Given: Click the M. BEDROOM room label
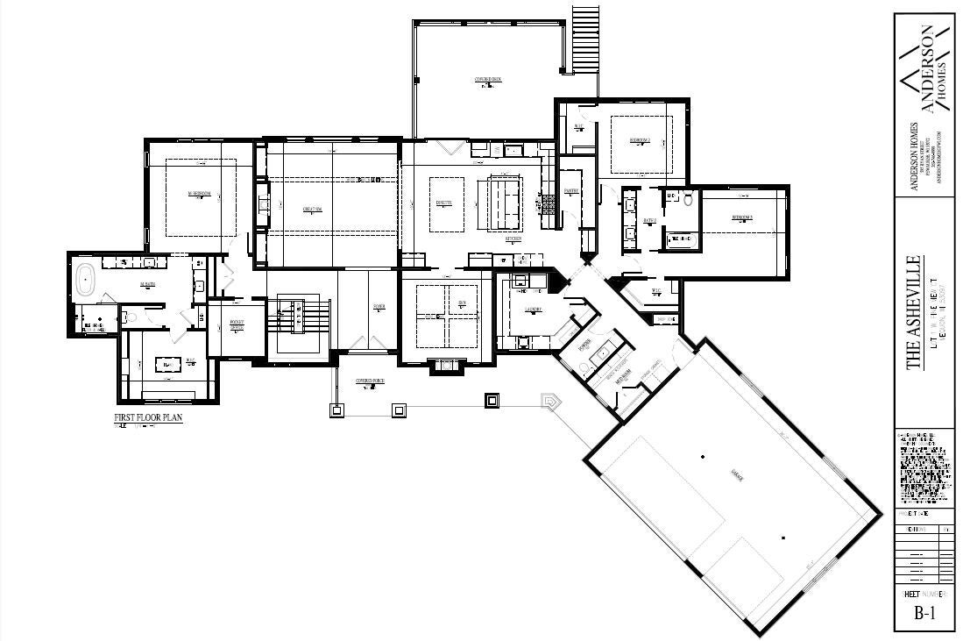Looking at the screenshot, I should tap(200, 194).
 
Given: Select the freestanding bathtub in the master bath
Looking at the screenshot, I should tap(85, 279).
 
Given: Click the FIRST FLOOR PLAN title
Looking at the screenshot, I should tap(148, 418).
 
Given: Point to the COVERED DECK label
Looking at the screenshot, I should tap(488, 80).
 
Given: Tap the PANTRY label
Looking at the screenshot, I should tap(570, 189).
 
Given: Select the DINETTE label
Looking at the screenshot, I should tap(444, 203).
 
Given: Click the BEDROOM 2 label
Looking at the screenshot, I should tap(641, 139).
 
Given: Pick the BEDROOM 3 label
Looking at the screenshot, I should tap(743, 217).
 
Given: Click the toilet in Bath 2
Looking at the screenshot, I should tap(689, 200).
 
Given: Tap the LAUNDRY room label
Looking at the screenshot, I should tap(534, 310).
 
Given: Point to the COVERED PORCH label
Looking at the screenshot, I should tap(371, 381).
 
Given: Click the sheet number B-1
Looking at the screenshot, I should tap(924, 613).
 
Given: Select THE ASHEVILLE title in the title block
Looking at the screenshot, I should tap(914, 313).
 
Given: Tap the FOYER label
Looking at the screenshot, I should tap(379, 307).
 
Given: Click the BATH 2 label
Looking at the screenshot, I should tap(649, 221).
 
